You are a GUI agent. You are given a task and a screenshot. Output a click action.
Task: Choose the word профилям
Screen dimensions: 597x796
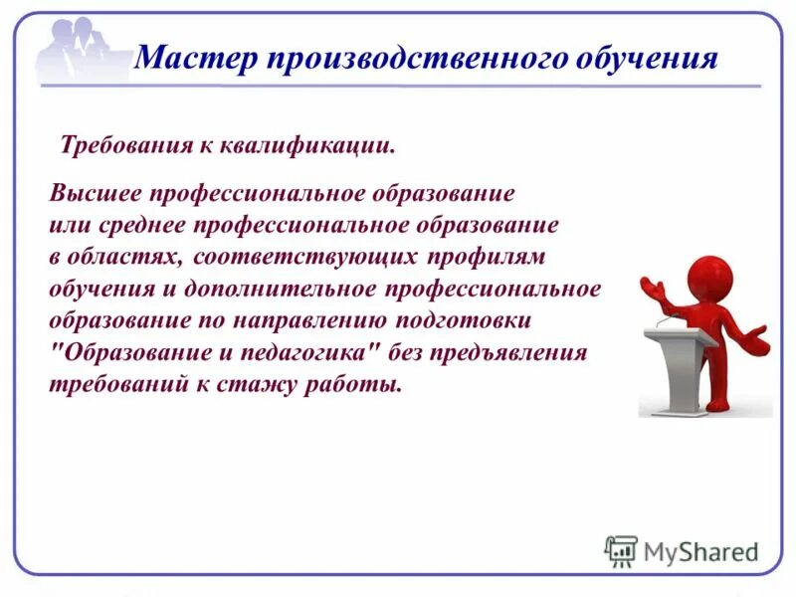(x=488, y=257)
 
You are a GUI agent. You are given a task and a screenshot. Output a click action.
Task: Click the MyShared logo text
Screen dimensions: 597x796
(x=701, y=550)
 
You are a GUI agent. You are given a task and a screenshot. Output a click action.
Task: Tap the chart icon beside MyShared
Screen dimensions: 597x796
(x=621, y=550)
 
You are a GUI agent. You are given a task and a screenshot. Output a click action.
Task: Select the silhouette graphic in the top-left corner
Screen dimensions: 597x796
(x=80, y=50)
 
